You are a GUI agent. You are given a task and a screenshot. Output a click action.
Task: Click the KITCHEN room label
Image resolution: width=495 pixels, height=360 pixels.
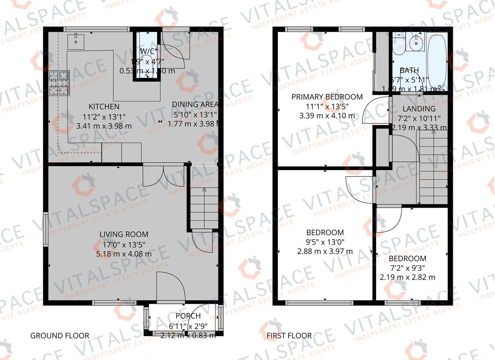(104, 107)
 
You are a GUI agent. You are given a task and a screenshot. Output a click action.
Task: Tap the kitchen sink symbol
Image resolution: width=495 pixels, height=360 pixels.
(76, 41)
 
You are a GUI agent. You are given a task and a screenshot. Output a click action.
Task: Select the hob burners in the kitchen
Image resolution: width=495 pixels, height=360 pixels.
(59, 83)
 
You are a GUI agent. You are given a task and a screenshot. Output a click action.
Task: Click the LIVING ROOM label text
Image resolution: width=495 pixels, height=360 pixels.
(124, 234)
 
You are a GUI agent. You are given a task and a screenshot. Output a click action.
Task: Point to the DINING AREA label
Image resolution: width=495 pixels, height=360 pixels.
(195, 105)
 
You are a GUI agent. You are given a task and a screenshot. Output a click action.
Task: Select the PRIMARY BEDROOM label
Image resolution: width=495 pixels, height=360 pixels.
(327, 97)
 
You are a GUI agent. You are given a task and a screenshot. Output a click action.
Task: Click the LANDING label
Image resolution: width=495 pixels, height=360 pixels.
(419, 109)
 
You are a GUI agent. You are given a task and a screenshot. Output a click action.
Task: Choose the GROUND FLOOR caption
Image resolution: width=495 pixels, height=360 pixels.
(59, 335)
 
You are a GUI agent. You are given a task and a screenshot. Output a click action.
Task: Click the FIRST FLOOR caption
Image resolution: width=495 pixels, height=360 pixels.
(289, 335)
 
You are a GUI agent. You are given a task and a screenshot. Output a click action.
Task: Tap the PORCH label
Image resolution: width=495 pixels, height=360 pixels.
(188, 316)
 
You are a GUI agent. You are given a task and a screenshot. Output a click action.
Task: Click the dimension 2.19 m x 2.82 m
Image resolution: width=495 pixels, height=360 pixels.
(407, 277)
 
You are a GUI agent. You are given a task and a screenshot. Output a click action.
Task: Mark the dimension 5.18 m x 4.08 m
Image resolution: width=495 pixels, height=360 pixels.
(124, 254)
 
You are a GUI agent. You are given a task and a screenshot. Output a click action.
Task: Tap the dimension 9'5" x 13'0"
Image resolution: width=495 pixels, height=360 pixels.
(325, 242)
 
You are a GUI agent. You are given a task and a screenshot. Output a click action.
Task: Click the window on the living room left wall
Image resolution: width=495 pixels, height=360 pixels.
(46, 228)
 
